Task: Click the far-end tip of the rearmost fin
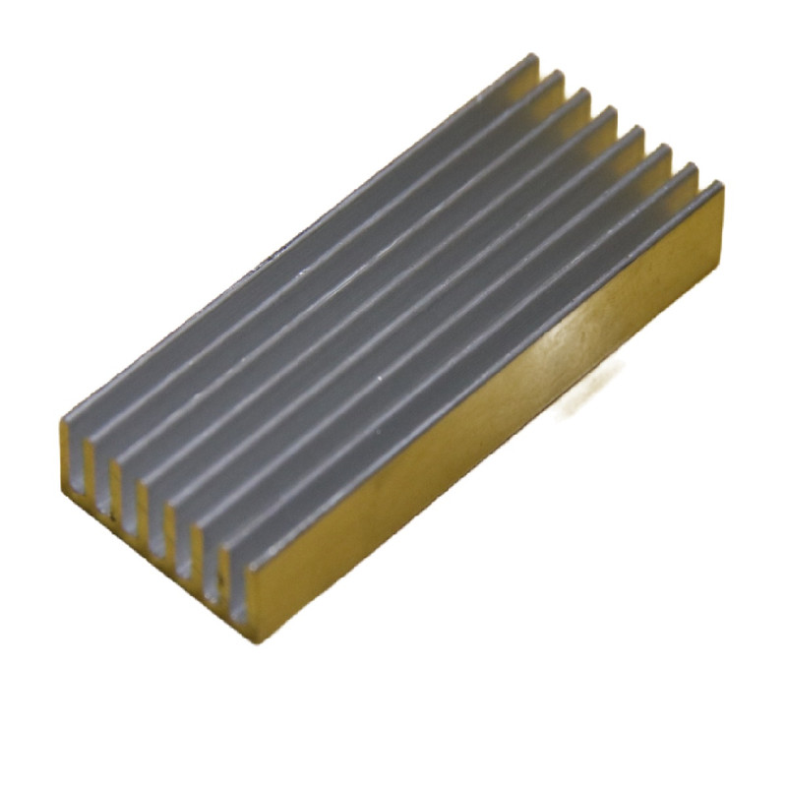point(530,65)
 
